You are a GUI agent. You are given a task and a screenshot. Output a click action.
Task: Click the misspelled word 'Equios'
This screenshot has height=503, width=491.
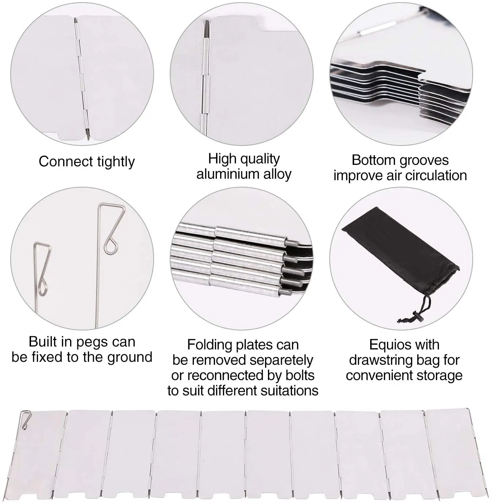(388, 345)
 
